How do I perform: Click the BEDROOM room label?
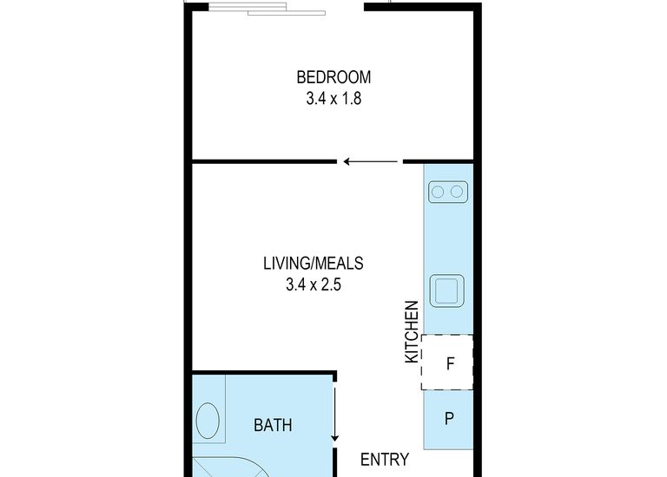coord(333,75)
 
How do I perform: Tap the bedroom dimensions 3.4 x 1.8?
coord(333,98)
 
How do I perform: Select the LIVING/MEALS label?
coord(313,262)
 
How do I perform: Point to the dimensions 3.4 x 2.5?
coord(313,284)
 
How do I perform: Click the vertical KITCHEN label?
coord(413,332)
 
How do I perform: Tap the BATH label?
coord(273,425)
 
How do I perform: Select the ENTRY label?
coord(385,460)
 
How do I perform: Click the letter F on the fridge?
coord(449,363)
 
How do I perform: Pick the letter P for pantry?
coord(449,419)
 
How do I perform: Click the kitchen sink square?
coord(449,290)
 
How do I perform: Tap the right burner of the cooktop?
coord(459,191)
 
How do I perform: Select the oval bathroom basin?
coord(208,422)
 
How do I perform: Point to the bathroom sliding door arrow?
coord(334,416)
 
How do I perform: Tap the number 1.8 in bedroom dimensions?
coord(350,98)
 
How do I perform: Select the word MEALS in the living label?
coord(341,262)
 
